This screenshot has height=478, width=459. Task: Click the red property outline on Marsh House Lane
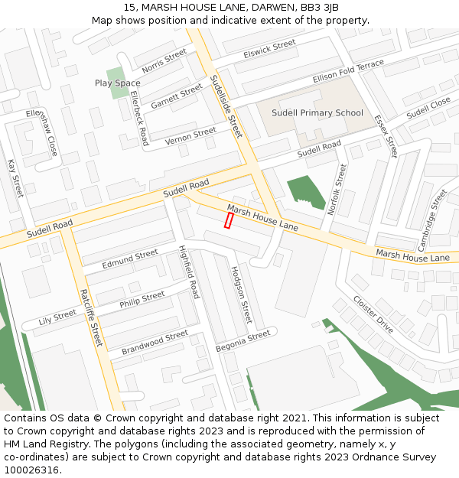pyautogui.click(x=228, y=220)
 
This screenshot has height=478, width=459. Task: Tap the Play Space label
pyautogui.click(x=117, y=83)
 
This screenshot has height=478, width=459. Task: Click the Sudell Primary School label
pyautogui.click(x=317, y=113)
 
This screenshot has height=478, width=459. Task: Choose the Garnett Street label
pyautogui.click(x=176, y=97)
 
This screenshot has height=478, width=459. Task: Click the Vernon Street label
pyautogui.click(x=190, y=135)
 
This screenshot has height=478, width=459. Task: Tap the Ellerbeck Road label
pyautogui.click(x=138, y=119)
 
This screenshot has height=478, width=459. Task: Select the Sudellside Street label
pyautogui.click(x=225, y=106)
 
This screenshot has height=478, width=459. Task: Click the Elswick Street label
pyautogui.click(x=269, y=48)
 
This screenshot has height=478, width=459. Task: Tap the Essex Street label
pyautogui.click(x=386, y=135)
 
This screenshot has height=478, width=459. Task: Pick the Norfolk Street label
pyautogui.click(x=337, y=187)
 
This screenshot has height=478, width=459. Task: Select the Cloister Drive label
pyautogui.click(x=373, y=314)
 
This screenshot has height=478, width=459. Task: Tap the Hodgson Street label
pyautogui.click(x=241, y=294)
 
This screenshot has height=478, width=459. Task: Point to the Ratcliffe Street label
pyautogui.click(x=90, y=317)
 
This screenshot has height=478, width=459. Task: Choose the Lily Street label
pyautogui.click(x=57, y=317)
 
